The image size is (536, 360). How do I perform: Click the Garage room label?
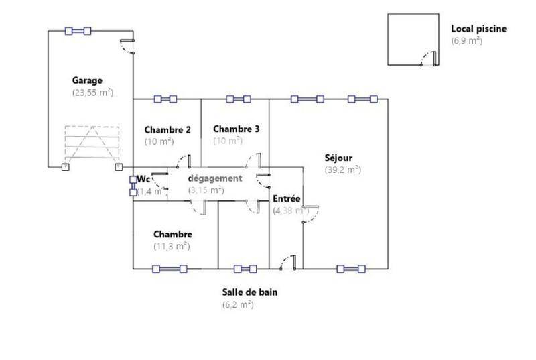(87, 80)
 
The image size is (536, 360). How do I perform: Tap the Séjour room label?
(338, 158)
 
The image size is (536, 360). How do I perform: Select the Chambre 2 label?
(168, 129)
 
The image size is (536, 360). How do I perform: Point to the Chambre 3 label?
(237, 129)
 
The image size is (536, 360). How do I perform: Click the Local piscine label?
(478, 29)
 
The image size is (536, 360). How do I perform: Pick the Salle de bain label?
(250, 292)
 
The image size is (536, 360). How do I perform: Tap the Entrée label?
(287, 198)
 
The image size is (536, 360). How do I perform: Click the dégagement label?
(214, 178)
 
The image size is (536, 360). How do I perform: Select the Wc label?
(143, 179)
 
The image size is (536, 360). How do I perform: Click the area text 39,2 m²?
(343, 170)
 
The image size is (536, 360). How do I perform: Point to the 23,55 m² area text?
(92, 93)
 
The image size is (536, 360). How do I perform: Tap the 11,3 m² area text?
(172, 246)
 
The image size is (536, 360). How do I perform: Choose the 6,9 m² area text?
(466, 40)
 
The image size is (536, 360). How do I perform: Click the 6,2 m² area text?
(238, 304)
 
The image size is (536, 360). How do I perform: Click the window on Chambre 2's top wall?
(165, 99)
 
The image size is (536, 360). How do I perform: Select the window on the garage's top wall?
(78, 30)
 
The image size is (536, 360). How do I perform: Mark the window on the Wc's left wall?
(133, 186)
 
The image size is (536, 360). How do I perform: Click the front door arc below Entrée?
(287, 263)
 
